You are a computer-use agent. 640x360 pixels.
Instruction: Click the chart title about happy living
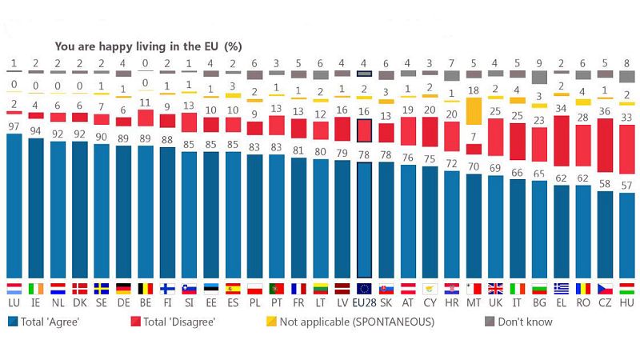[x=148, y=46]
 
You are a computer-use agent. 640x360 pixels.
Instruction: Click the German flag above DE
[x=124, y=289]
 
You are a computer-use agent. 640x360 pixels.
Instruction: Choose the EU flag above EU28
[x=364, y=289]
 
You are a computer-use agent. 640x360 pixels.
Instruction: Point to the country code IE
[x=36, y=305]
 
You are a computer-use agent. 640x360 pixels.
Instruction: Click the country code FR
[x=298, y=305]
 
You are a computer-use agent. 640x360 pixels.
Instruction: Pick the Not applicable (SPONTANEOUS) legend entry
[x=351, y=322]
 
